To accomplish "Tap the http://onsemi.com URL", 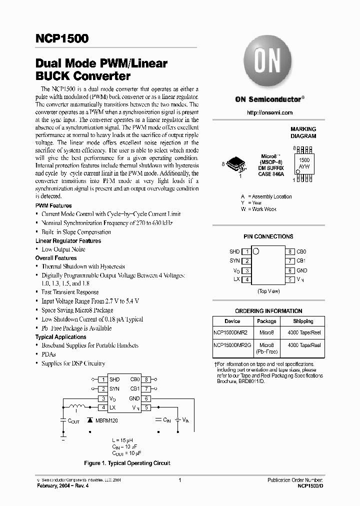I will click(269, 113).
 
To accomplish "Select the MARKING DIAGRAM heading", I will click(303, 132).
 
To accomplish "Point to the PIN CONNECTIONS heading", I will click(269, 236).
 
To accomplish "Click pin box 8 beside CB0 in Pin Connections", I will click(290, 251).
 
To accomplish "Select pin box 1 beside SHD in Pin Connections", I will click(246, 251).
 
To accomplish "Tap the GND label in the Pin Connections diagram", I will click(302, 270).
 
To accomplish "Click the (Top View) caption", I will click(269, 290).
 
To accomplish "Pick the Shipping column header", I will click(303, 321).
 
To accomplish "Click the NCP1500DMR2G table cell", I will click(232, 345).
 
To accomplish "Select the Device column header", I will click(232, 321).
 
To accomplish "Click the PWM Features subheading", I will click(53, 205).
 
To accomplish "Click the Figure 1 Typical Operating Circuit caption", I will click(127, 463).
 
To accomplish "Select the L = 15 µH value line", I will click(122, 440).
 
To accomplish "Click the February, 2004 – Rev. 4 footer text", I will click(62, 485).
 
